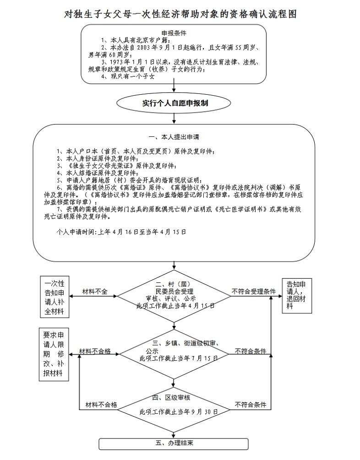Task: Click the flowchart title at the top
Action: tap(180, 14)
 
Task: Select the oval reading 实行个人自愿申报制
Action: tap(174, 103)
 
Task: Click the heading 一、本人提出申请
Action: tap(174, 137)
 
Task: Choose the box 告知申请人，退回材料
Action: tap(295, 294)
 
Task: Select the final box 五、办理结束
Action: tap(174, 444)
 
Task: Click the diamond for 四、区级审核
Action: tap(174, 405)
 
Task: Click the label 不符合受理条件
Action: tap(253, 292)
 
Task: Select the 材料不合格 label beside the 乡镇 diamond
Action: tap(95, 351)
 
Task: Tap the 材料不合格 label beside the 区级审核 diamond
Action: tap(101, 405)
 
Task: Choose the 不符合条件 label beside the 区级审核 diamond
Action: tap(251, 405)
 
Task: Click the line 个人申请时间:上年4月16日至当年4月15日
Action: tap(121, 232)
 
